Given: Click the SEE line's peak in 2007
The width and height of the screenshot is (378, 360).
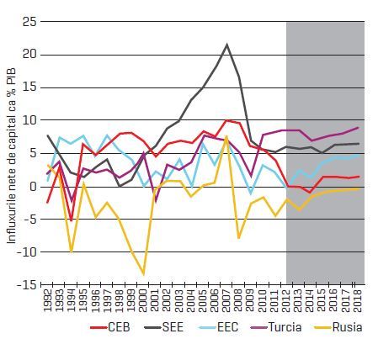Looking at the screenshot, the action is click(226, 45).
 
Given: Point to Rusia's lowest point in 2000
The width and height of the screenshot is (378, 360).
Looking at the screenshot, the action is click(143, 274).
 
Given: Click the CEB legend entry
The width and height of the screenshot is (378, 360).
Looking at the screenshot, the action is click(110, 327).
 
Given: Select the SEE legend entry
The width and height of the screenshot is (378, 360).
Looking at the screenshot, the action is click(163, 327).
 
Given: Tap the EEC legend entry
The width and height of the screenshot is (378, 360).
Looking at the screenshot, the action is click(218, 327).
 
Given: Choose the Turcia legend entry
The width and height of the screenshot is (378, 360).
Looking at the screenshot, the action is click(276, 327).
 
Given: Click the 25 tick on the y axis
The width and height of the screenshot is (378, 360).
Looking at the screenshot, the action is click(29, 22).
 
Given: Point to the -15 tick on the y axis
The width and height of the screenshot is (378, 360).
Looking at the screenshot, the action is click(27, 284).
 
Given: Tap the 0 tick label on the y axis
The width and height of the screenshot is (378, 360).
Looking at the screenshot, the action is click(34, 187).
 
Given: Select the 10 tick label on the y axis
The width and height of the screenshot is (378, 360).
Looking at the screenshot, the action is click(29, 120).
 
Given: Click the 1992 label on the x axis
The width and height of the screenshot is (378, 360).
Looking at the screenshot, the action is click(48, 300).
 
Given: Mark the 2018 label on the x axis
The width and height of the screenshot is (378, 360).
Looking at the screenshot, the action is click(357, 300).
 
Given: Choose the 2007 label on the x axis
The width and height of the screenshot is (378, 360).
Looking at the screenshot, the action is click(226, 300).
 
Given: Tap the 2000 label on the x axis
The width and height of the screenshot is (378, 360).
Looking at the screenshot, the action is click(143, 300).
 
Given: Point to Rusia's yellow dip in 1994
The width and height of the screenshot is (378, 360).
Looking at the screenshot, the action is click(72, 251).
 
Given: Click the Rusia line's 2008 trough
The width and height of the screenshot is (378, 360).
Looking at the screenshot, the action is click(239, 238).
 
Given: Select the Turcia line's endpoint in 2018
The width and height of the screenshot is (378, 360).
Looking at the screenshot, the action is click(359, 128).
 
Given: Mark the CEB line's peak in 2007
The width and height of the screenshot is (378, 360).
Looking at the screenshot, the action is click(226, 120).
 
